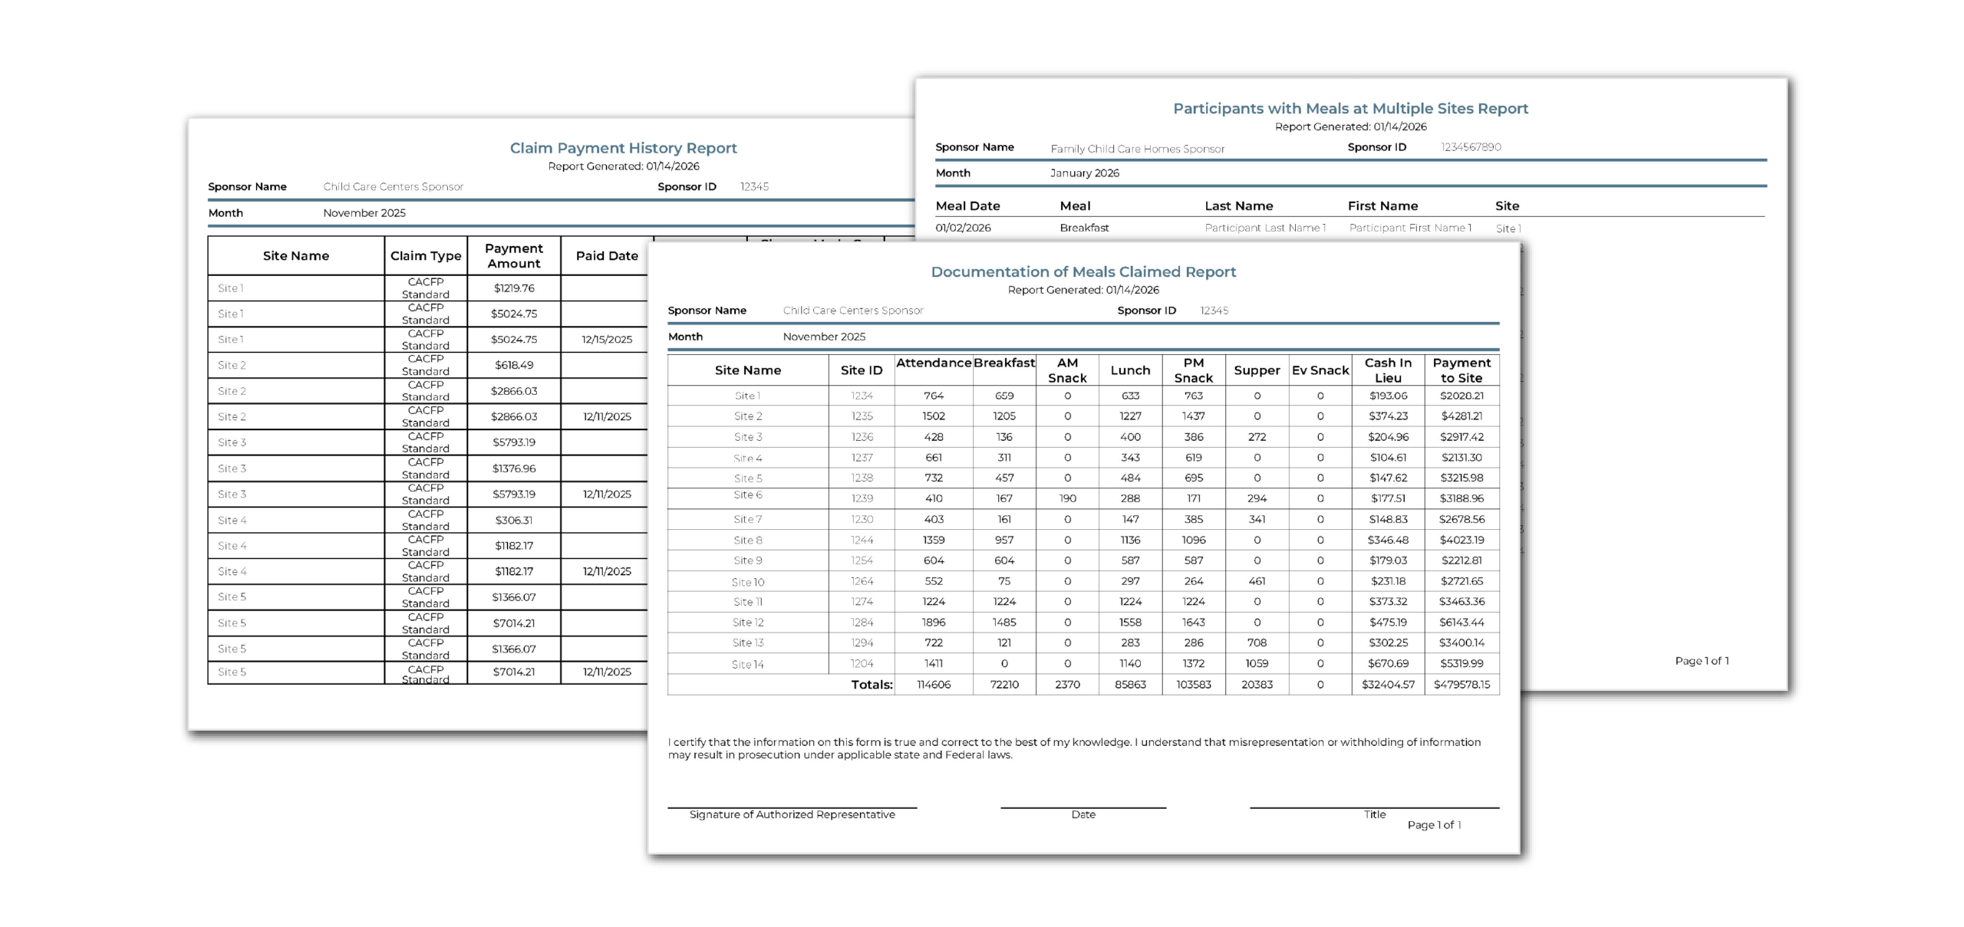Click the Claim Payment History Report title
623,148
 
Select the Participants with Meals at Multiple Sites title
1350,109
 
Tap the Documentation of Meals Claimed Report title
1083,272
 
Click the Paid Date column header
607,256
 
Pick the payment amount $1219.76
514,288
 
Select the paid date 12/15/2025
607,340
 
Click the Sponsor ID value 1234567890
1471,147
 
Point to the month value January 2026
1084,173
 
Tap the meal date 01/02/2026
963,228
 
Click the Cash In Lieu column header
1388,370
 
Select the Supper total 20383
1257,685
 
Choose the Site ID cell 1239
862,498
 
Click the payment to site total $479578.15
1461,685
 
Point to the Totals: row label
872,685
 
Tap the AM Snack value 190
1067,498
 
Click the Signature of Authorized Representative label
792,815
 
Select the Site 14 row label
747,665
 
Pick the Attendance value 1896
934,623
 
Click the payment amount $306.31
514,521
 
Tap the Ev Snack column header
1320,370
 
